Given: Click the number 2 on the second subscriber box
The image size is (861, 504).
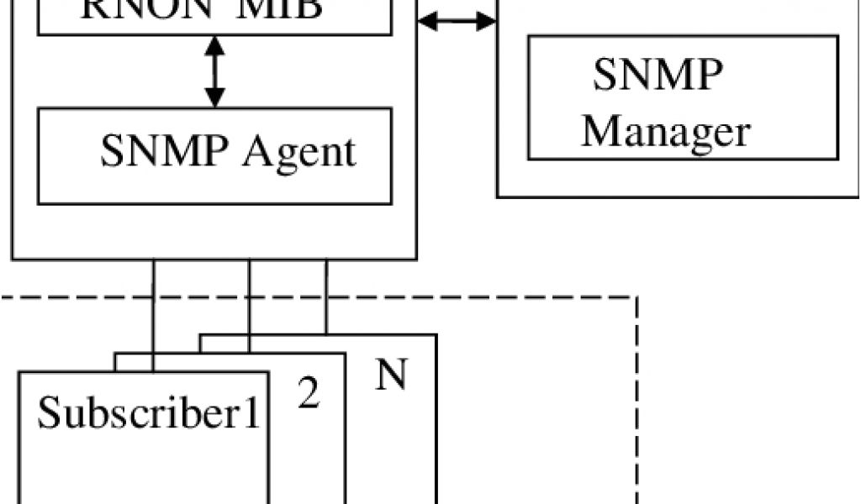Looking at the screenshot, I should pyautogui.click(x=309, y=394).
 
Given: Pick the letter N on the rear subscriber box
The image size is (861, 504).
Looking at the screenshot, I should pyautogui.click(x=391, y=376).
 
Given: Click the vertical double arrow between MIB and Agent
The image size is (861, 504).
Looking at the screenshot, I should pyautogui.click(x=215, y=71).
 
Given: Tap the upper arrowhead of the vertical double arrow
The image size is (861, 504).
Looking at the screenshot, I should pyautogui.click(x=215, y=44).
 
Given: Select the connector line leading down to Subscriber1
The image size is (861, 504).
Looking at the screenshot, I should pyautogui.click(x=153, y=311).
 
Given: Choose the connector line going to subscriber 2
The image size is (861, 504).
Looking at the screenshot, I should pyautogui.click(x=249, y=302).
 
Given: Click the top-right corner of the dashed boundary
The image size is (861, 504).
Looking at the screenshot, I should pyautogui.click(x=637, y=297).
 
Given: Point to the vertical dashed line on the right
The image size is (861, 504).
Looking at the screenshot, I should pyautogui.click(x=637, y=403).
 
